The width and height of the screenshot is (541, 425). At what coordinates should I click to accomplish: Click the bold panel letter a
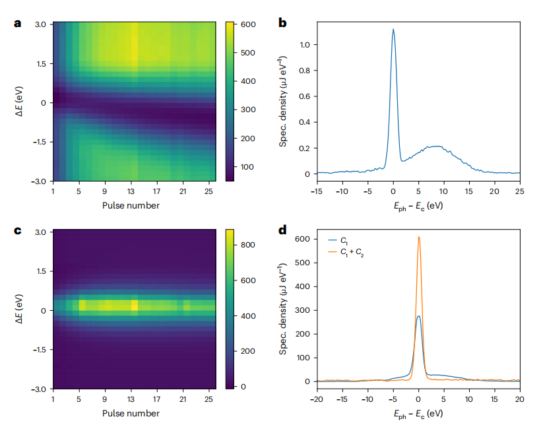[x=17, y=24]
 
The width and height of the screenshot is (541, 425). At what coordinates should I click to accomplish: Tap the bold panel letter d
[x=282, y=230]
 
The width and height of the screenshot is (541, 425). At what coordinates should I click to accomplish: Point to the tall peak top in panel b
[x=393, y=30]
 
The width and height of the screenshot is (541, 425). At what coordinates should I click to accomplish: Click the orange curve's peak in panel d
[x=418, y=238]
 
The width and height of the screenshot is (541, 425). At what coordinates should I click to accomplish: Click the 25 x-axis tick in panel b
[x=519, y=191]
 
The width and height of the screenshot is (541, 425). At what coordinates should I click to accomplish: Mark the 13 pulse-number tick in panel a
[x=134, y=191]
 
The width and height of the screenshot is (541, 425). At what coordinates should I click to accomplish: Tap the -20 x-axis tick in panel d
[x=317, y=400]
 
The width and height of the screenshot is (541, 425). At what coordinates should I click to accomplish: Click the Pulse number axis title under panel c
[x=130, y=414]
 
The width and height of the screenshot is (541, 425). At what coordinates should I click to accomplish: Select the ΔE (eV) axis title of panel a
[x=20, y=102]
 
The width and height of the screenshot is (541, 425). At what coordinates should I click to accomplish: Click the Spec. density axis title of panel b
[x=282, y=102]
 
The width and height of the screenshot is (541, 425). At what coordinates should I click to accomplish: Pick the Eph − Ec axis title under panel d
[x=418, y=414]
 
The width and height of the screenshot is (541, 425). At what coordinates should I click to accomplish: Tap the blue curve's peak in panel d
[x=418, y=316]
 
